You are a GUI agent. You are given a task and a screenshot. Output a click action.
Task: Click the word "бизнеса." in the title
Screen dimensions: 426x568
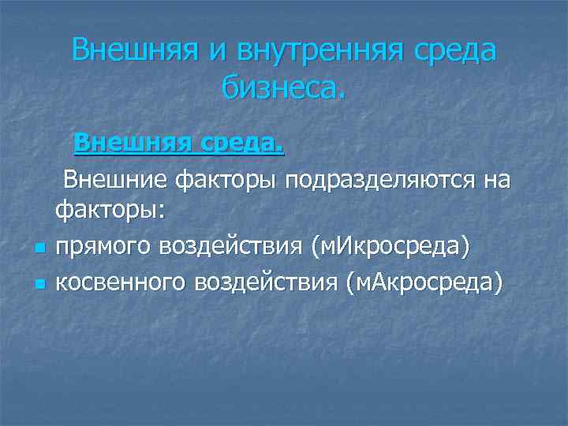tap(283, 88)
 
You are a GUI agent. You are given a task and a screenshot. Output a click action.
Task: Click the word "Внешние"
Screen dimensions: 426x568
tap(115, 179)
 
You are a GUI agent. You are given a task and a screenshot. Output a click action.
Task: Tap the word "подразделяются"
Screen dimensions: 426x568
tap(380, 179)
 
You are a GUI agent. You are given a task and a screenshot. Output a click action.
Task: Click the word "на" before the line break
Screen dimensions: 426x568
tap(496, 179)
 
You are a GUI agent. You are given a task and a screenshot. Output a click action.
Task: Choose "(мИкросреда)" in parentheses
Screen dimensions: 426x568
tap(391, 246)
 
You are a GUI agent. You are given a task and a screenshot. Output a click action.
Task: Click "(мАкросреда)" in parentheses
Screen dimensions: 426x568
tap(423, 281)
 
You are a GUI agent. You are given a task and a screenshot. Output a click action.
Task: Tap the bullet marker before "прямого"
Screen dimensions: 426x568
tap(39, 250)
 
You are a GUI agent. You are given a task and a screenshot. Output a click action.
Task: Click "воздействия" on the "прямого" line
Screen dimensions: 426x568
tap(234, 246)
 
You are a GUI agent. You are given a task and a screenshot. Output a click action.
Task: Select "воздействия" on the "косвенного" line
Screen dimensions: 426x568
tap(271, 281)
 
